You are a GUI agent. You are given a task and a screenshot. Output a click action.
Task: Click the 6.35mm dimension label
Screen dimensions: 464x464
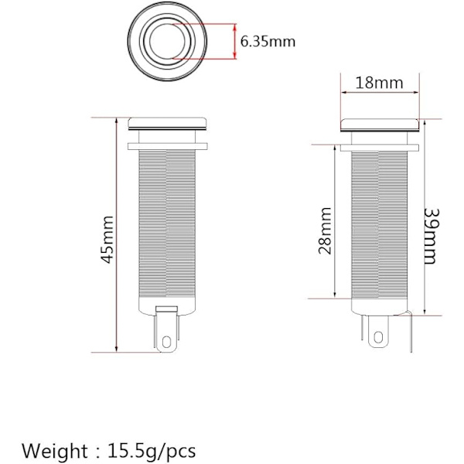[268, 42]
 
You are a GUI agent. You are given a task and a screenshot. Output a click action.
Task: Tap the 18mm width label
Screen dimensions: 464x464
[379, 83]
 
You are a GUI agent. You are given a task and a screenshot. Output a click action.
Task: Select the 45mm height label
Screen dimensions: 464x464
[107, 240]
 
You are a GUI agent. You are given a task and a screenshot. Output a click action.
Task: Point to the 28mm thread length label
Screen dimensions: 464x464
[325, 230]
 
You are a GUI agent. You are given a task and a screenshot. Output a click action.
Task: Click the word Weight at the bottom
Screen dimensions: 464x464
[55, 451]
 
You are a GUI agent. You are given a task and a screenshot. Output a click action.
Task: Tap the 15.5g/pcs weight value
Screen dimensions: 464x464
[152, 451]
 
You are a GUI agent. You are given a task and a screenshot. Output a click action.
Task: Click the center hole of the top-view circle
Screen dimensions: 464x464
[167, 41]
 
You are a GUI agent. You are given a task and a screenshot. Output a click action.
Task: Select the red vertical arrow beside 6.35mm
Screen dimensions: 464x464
[235, 41]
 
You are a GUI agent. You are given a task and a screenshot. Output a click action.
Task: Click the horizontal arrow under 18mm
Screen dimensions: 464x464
[380, 92]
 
